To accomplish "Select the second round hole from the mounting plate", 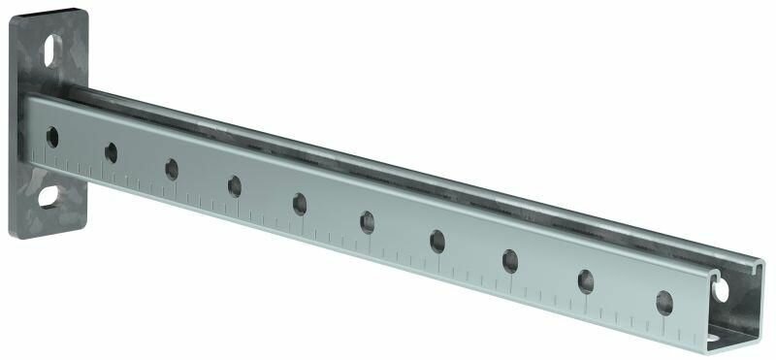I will pyautogui.click(x=111, y=151).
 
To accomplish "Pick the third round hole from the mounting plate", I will pyautogui.click(x=172, y=169).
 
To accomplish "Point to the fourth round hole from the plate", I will pyautogui.click(x=235, y=184).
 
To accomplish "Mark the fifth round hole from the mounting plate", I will pyautogui.click(x=300, y=203).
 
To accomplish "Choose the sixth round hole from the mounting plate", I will pyautogui.click(x=368, y=222).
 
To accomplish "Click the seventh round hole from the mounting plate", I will pyautogui.click(x=437, y=242).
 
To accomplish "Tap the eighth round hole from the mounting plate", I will pyautogui.click(x=511, y=260).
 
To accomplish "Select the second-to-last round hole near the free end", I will pyautogui.click(x=587, y=280).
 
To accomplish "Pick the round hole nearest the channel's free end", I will pyautogui.click(x=664, y=302).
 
